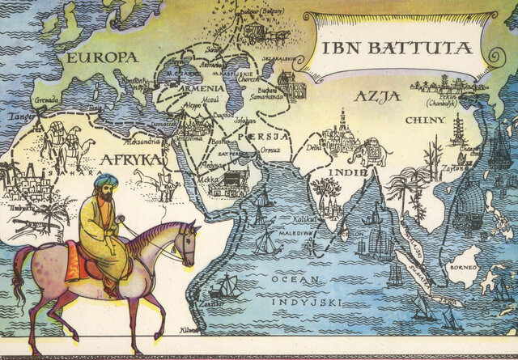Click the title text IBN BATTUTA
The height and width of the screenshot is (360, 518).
[397, 48]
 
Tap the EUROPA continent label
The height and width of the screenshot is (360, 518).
[103, 58]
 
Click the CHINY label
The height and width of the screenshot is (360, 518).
[426, 121]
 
